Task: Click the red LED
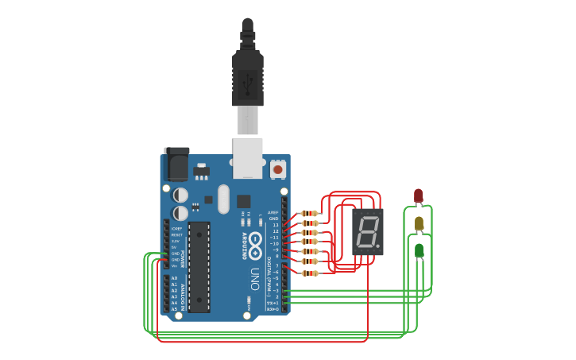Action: tap(419, 195)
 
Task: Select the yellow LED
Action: tap(419, 223)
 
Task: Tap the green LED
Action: tap(419, 250)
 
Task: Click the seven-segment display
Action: tap(367, 232)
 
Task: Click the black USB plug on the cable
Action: tap(247, 79)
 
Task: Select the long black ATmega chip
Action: tap(199, 266)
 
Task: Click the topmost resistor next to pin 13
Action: tap(310, 213)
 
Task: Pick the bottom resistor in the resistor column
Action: tap(310, 273)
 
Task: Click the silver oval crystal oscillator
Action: tap(223, 199)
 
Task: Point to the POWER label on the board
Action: tap(183, 258)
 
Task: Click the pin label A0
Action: tap(174, 278)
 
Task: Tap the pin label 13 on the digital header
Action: tap(276, 225)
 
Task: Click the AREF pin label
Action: tap(273, 213)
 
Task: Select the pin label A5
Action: tap(174, 309)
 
